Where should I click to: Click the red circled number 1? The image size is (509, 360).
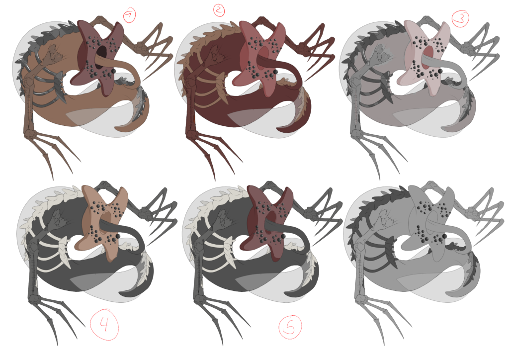[x=130, y=15]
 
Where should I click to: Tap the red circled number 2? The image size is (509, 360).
[x=219, y=10]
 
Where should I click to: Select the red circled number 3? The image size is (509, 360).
[x=460, y=19]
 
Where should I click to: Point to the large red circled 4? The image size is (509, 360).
[x=104, y=324]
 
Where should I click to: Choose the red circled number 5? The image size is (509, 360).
[x=290, y=327]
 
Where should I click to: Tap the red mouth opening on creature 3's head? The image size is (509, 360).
[x=428, y=57]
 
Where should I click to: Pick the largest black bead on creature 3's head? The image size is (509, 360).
[x=440, y=71]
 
